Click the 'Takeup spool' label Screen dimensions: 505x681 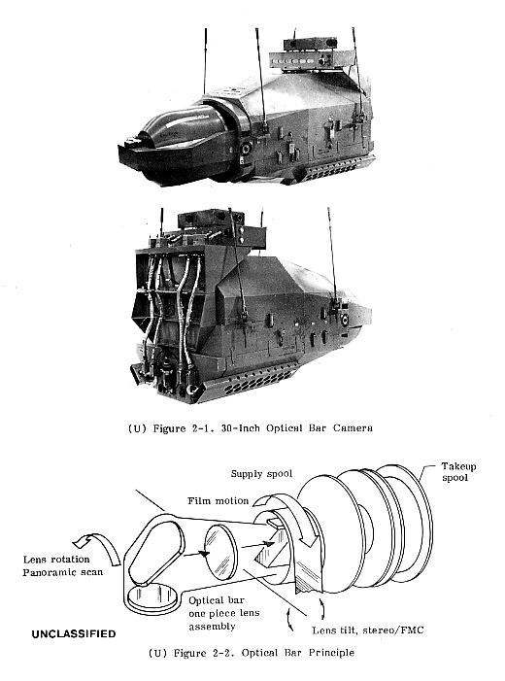pos(458,472)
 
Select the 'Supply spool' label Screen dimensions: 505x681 pos(261,474)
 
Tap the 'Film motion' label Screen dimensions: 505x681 pos(218,501)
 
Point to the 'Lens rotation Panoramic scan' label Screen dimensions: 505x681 pos(62,565)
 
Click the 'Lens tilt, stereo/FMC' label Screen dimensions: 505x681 pos(368,630)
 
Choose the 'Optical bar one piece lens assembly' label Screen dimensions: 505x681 pos(223,613)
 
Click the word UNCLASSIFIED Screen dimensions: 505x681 pos(74,634)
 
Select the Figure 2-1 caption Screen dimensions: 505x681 pos(251,428)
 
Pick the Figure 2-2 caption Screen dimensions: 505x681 pos(252,653)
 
